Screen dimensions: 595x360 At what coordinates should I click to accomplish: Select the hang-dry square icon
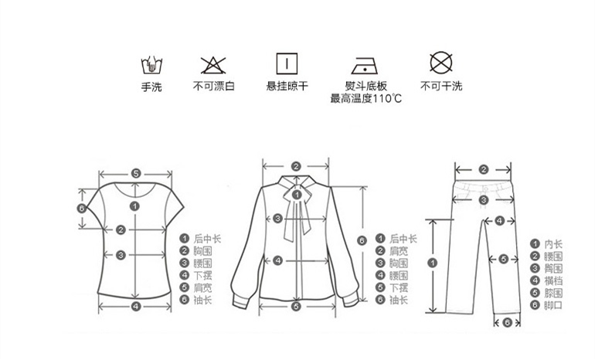pos(287,63)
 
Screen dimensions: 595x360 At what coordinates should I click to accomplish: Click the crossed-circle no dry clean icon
pos(440,63)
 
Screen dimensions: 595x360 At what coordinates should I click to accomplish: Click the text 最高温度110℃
pos(365,98)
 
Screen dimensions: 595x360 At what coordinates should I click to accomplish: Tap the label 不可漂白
pos(213,87)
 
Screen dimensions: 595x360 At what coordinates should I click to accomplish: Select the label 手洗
pos(151,87)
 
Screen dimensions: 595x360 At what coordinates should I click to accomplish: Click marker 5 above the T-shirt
pos(135,174)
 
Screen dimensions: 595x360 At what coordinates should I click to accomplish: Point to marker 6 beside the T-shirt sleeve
pos(81,208)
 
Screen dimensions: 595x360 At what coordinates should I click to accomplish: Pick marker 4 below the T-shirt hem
pos(135,307)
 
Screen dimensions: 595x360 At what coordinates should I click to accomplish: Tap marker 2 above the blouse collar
pos(296,165)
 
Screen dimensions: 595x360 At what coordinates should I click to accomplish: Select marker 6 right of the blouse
pos(362,240)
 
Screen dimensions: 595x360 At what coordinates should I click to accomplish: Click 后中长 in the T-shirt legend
pos(206,239)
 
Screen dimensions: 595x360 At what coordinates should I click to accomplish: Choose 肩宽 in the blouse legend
pos(399,251)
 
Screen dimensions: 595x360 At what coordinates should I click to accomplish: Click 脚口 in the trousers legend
pos(553,305)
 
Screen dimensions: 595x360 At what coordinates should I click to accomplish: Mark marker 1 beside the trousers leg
pos(432,263)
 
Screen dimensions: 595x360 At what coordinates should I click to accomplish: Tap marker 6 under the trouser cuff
pos(506,322)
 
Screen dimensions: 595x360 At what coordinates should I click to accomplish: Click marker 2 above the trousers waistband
pos(483,169)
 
